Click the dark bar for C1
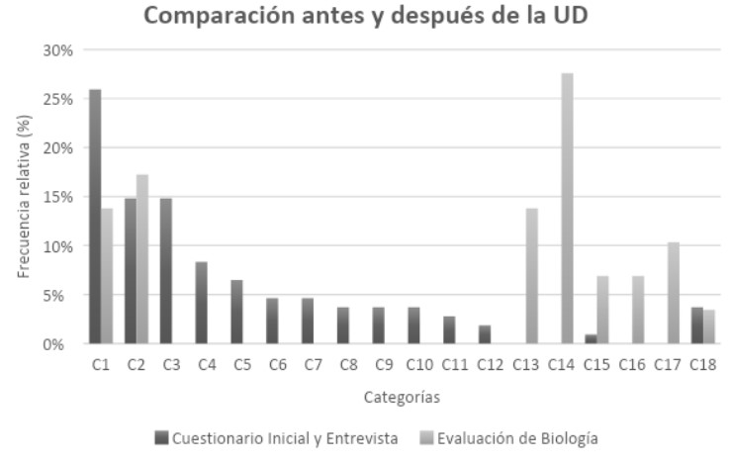click(x=95, y=217)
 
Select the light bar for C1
click(x=107, y=276)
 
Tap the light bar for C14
click(x=567, y=209)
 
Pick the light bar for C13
click(x=531, y=276)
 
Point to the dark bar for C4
click(x=202, y=303)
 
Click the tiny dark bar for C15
click(x=591, y=339)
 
